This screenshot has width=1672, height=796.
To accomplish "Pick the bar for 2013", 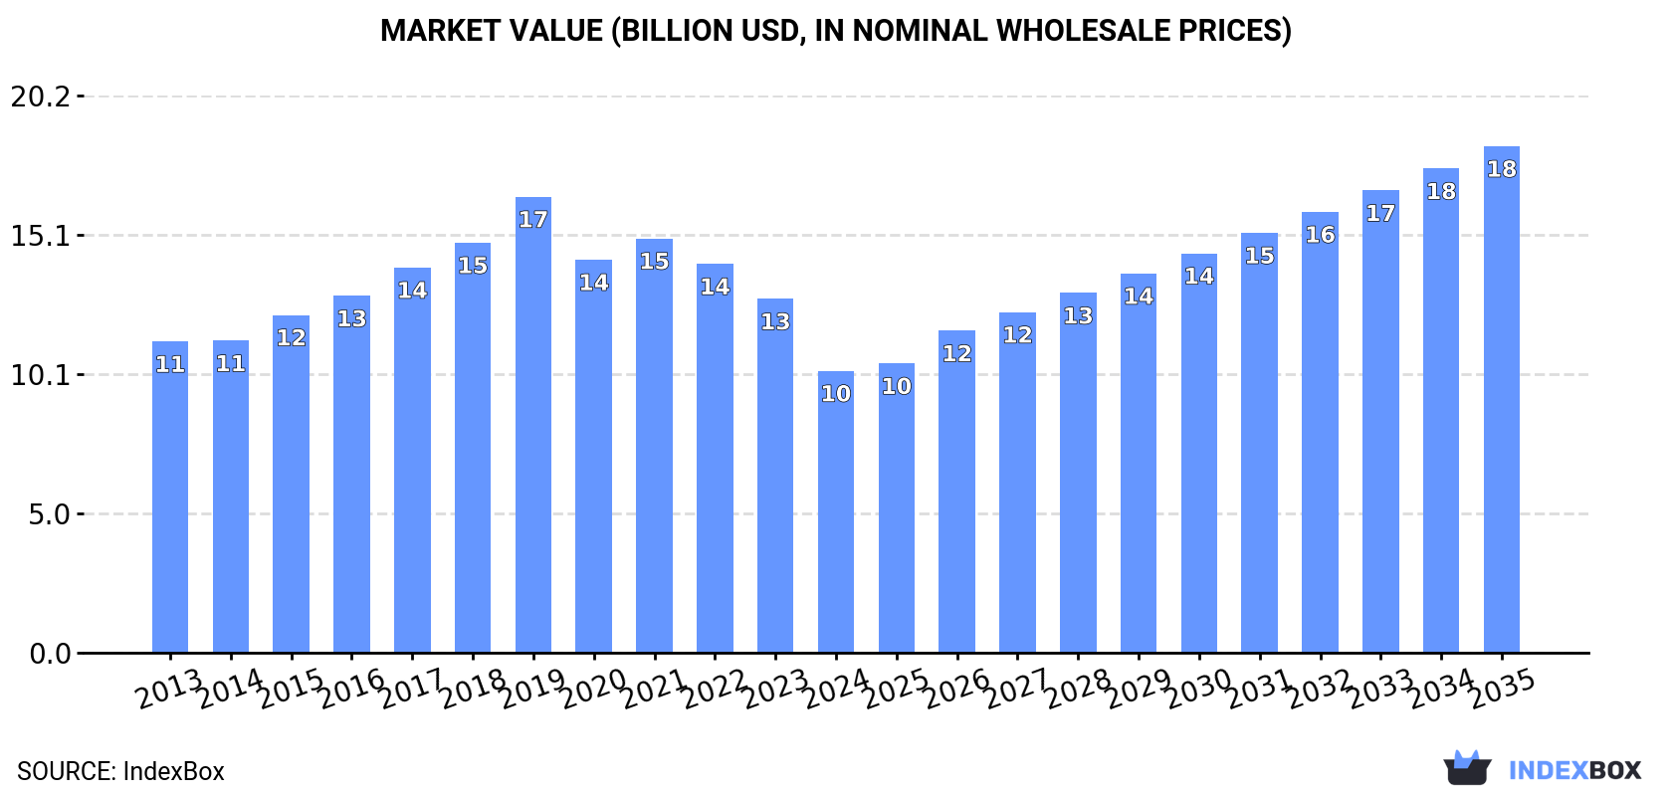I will pos(170,497).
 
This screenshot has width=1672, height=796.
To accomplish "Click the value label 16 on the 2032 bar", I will pos(1320,235).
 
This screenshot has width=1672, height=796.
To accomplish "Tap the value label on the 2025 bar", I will pos(896,386).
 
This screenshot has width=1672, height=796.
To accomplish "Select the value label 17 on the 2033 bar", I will pos(1380,213).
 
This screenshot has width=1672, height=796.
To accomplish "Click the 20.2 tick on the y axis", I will pos(41,97).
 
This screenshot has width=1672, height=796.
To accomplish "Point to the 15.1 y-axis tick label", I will pos(41,236).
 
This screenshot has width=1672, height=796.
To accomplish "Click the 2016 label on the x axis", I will pos(351,688).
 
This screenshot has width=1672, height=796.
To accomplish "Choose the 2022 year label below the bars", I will pos(715,688).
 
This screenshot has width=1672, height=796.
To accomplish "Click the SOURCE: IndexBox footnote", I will pos(120,771).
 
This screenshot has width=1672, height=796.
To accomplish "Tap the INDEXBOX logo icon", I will pos(1467,768).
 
